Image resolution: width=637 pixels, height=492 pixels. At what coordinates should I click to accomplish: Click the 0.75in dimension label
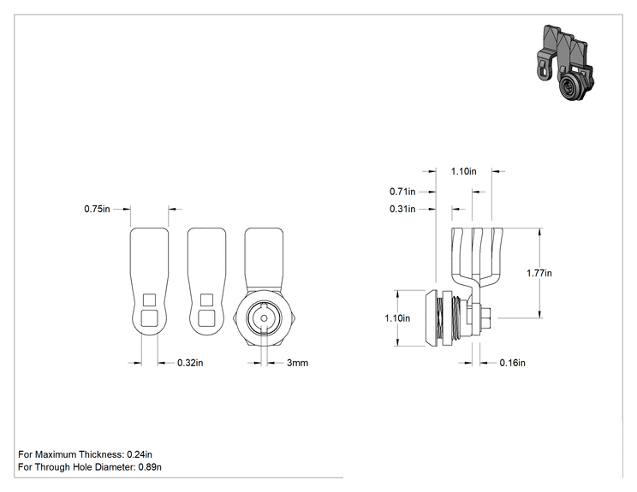click(97, 209)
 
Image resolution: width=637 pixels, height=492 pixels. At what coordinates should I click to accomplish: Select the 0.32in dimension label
click(190, 363)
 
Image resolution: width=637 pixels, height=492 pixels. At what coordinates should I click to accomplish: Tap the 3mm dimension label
click(297, 363)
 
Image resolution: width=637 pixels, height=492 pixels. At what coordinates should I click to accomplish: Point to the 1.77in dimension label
click(539, 273)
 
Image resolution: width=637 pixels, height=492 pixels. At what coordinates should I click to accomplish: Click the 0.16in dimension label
click(512, 363)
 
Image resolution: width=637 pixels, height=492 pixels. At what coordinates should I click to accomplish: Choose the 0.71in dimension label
click(402, 191)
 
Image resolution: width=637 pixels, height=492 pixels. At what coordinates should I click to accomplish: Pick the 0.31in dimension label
click(402, 209)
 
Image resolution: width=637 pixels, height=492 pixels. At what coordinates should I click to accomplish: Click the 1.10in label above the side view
click(463, 171)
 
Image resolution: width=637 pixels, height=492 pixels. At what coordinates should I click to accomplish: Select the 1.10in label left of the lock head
click(397, 318)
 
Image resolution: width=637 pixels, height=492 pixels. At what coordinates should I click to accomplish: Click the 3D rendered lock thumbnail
click(565, 62)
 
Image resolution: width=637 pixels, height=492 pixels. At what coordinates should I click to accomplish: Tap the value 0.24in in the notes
click(140, 454)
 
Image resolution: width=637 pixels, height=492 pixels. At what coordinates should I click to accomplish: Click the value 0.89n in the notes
click(150, 467)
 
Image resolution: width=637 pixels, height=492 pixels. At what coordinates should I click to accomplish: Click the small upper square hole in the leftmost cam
click(150, 300)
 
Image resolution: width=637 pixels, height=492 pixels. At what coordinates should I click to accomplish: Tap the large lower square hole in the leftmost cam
click(149, 317)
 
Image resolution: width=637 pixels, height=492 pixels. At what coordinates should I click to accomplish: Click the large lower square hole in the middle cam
click(207, 317)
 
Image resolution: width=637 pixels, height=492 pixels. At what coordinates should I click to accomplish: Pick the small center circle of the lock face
click(264, 318)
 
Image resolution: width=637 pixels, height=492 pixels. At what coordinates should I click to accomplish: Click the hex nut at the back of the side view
click(485, 318)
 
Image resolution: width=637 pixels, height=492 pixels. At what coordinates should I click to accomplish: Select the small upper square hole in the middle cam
click(207, 300)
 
